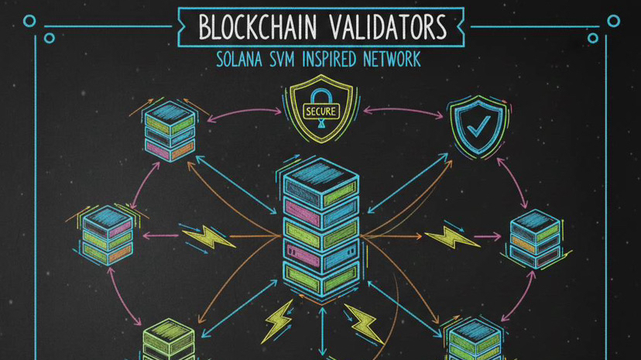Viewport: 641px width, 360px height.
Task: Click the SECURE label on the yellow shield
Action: coord(321,111)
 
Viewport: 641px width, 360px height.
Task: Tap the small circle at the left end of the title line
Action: coord(29,22)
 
